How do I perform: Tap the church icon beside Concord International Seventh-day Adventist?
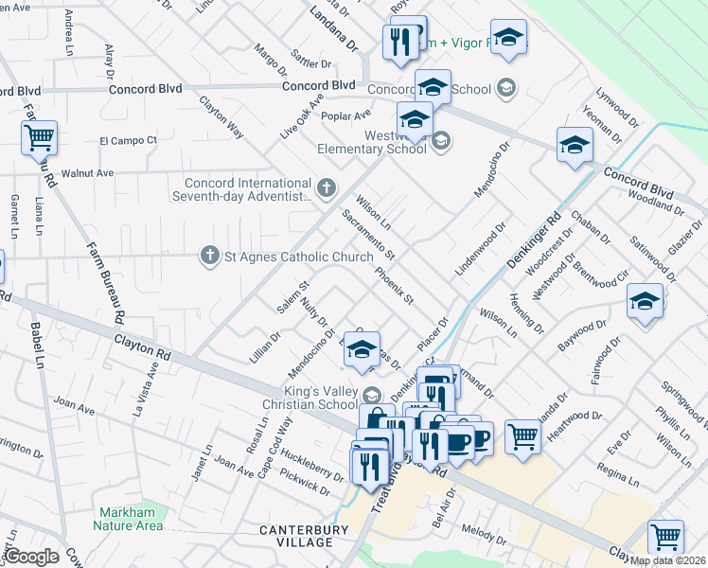coord(327,186)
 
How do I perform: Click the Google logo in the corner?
coord(31,557)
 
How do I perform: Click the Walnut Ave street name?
coord(87,173)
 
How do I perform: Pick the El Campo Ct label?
coord(128,140)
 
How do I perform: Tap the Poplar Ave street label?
coord(345,116)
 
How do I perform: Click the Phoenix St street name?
coord(396,286)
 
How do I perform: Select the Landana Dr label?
coord(336,33)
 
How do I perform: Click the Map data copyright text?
coord(668,560)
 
